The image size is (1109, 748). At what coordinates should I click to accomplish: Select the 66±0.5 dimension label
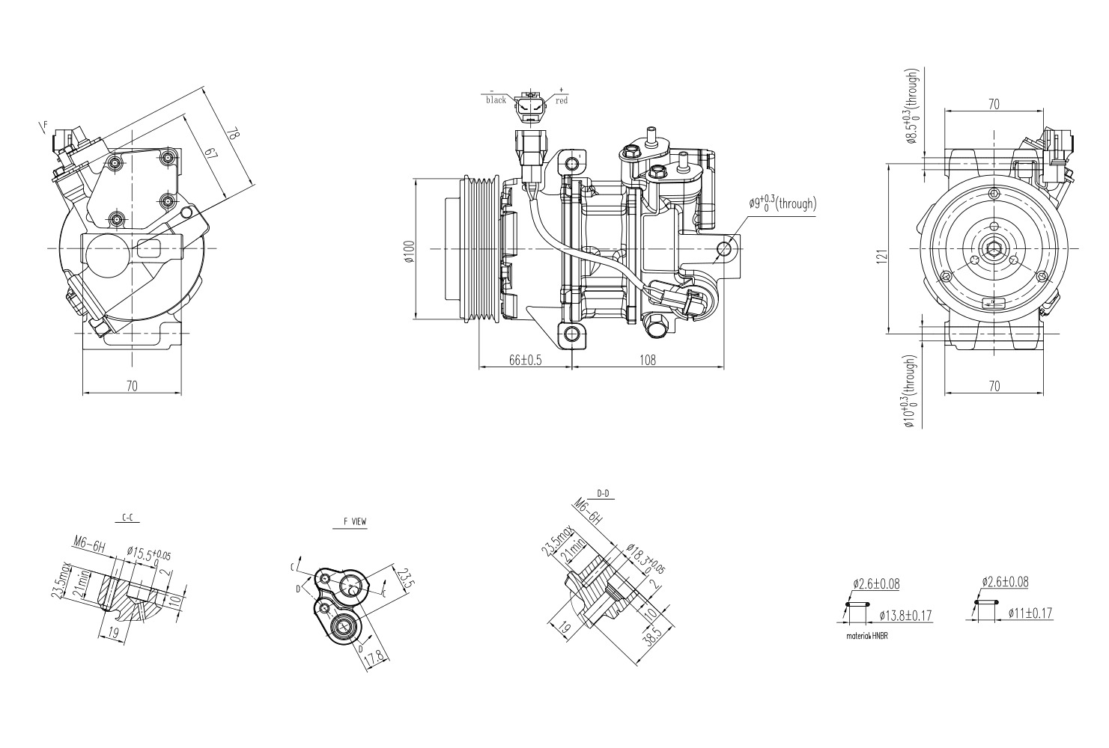(525, 360)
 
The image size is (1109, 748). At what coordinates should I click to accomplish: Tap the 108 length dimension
(647, 360)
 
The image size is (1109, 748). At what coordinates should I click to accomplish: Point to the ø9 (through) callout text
(782, 203)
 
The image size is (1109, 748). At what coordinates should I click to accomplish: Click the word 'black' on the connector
(496, 100)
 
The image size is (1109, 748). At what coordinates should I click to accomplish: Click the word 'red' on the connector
(562, 100)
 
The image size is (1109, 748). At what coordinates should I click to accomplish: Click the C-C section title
(128, 518)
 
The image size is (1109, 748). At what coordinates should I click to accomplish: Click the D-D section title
(603, 494)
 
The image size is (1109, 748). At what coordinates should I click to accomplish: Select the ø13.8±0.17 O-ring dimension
(905, 615)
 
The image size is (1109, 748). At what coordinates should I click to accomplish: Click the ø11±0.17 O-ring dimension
(1030, 613)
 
